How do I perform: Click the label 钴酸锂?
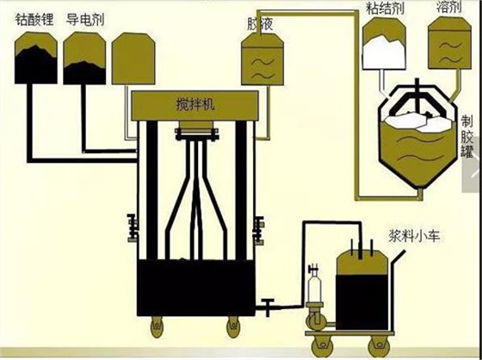click(35, 18)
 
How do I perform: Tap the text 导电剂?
click(85, 18)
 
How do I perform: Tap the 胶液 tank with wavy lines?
click(258, 60)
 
